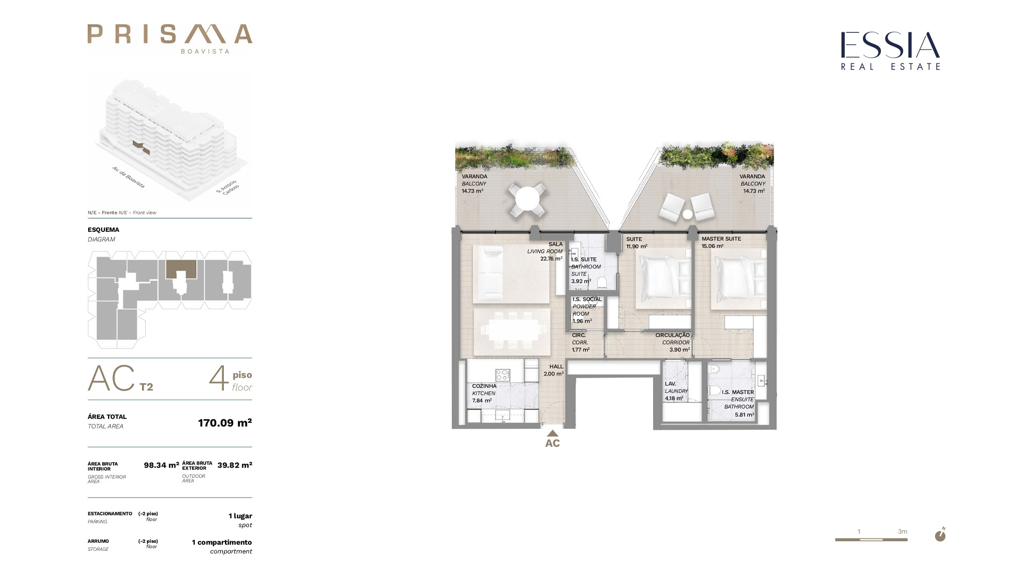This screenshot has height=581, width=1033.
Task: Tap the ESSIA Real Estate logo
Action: (x=890, y=51)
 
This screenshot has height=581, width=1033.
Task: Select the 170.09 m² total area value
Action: (x=225, y=422)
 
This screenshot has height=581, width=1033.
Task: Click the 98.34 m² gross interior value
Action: (x=161, y=465)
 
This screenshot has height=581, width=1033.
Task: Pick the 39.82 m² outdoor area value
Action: (x=235, y=465)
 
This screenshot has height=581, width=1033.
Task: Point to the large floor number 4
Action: (x=218, y=378)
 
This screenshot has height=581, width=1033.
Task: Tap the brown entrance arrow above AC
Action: (x=553, y=433)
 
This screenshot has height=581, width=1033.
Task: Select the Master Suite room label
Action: (x=721, y=242)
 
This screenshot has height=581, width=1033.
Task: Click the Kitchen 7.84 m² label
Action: (x=484, y=393)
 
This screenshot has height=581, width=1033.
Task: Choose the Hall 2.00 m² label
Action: (x=554, y=370)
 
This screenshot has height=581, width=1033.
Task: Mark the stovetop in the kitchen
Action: (x=503, y=374)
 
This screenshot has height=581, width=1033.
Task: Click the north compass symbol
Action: (x=940, y=535)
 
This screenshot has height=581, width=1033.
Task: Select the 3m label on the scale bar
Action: (x=902, y=532)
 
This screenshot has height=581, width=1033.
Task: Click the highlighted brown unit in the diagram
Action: (x=181, y=269)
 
